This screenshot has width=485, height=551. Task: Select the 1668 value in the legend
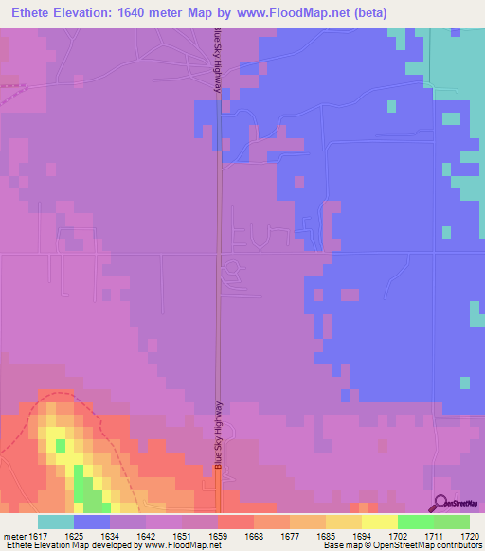point(254,536)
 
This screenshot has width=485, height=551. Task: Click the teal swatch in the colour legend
point(56,522)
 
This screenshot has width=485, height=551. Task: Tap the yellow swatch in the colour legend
point(379,522)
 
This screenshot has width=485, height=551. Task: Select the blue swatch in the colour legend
point(92,522)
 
